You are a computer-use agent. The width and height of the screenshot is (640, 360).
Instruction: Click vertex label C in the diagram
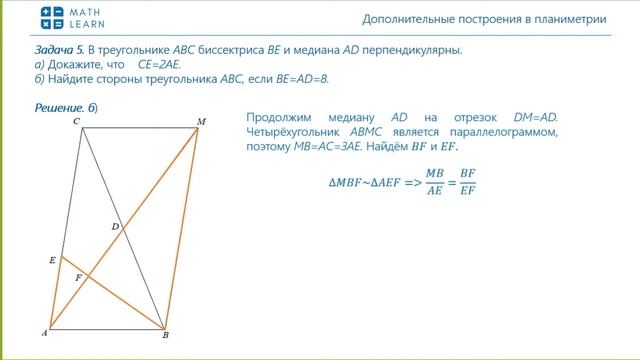click(77, 121)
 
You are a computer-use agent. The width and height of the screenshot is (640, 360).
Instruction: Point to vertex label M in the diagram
click(201, 122)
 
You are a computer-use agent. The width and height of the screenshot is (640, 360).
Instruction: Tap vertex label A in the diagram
click(44, 333)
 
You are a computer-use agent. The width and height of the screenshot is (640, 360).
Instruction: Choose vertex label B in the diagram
click(166, 337)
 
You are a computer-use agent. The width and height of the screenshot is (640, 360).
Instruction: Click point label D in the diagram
click(115, 227)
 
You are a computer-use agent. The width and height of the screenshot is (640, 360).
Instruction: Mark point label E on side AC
click(52, 260)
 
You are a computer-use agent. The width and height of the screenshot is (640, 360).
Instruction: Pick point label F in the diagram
click(78, 277)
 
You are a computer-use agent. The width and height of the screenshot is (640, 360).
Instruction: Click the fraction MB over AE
click(434, 180)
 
